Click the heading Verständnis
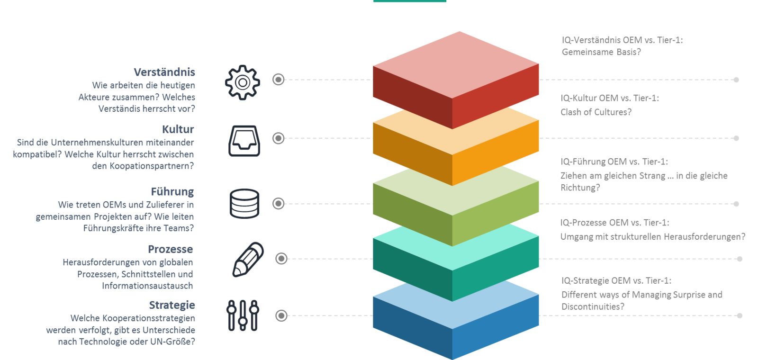(x=164, y=72)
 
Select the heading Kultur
(x=178, y=129)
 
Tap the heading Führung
(x=172, y=192)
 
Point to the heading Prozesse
(x=170, y=249)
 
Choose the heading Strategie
(x=172, y=305)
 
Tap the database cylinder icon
(x=244, y=203)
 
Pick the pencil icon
(x=248, y=260)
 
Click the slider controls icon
(x=243, y=315)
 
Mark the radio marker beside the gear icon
(x=279, y=80)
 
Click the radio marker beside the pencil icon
(x=281, y=259)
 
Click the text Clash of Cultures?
(x=596, y=112)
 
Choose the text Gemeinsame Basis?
(x=601, y=52)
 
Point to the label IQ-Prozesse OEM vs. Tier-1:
(x=615, y=223)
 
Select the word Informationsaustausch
(x=147, y=286)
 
